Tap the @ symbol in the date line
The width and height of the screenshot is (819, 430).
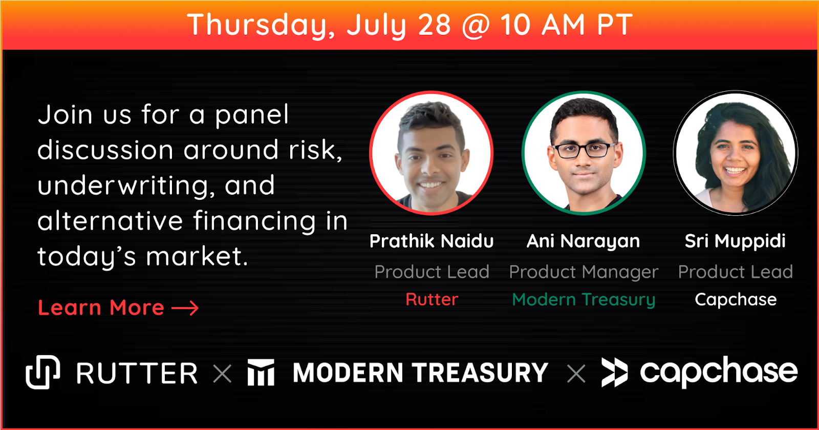coord(476,26)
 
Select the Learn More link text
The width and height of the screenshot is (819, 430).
coord(101,308)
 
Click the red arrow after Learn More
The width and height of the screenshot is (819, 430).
coord(185,308)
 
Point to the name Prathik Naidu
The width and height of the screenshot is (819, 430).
coord(432,241)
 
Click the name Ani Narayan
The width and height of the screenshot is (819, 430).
coord(584,241)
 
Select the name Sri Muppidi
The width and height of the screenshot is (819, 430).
coord(735,241)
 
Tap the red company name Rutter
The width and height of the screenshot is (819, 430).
coord(432,299)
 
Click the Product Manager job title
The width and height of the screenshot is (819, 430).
coord(584,272)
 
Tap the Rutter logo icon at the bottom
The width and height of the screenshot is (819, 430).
coord(43,372)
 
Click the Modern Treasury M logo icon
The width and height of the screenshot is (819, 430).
coord(261,372)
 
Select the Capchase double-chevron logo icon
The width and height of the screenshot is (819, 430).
coord(615,373)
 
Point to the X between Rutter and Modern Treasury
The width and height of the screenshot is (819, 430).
coord(222,374)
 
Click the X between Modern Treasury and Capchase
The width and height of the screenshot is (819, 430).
coord(576,374)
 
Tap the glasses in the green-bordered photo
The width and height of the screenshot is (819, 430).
coord(584,150)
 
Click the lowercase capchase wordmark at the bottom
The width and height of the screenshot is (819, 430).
coord(719,372)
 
